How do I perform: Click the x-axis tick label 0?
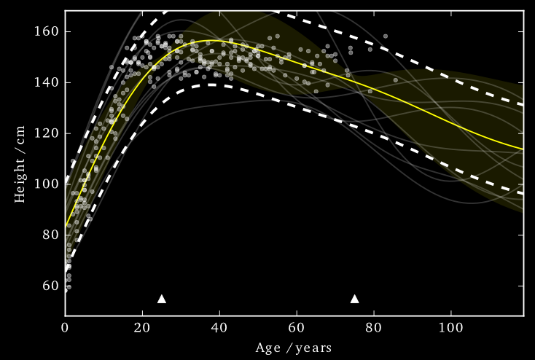(x=65, y=327)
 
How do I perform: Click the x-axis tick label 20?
(x=142, y=327)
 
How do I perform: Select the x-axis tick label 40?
(x=219, y=327)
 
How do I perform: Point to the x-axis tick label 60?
(x=297, y=327)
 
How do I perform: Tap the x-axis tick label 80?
(x=374, y=327)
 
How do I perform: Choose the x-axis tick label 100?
(x=450, y=327)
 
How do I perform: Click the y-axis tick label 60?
(x=51, y=286)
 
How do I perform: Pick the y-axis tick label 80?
(x=51, y=235)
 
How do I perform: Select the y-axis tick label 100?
(x=48, y=184)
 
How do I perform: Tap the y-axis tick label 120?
(x=48, y=133)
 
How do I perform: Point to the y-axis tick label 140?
(x=48, y=83)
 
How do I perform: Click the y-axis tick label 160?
(x=48, y=32)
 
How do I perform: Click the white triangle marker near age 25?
(x=162, y=299)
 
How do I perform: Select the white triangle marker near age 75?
(x=355, y=299)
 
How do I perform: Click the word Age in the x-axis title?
(x=267, y=348)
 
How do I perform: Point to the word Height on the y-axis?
(x=20, y=179)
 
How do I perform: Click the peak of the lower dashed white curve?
(x=211, y=85)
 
